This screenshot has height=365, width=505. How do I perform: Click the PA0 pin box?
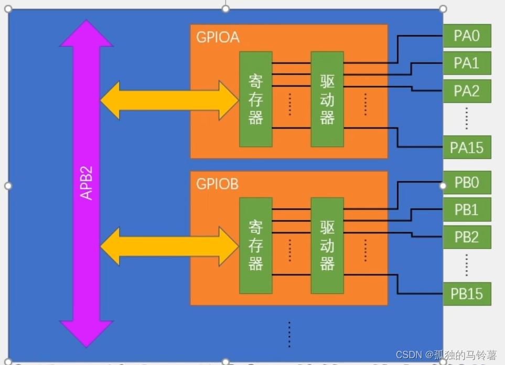tap(467, 36)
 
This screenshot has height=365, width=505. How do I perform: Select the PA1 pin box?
tap(467, 63)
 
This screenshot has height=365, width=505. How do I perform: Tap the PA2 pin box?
tap(467, 91)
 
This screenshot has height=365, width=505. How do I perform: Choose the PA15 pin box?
tap(467, 147)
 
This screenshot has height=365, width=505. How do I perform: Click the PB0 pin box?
tap(467, 183)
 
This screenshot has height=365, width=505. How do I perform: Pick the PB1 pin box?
tap(467, 210)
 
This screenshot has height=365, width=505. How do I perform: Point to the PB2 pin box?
tap(467, 237)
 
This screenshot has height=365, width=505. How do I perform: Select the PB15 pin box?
tap(467, 294)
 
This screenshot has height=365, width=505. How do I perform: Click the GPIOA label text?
tap(218, 38)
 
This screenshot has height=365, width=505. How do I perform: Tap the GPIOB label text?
tap(218, 184)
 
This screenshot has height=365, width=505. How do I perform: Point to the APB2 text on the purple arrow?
tap(86, 184)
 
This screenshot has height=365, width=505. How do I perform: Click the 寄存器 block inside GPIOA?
tap(255, 99)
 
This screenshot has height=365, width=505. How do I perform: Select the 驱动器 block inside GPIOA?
tap(327, 99)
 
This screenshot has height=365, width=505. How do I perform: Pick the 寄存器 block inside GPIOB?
tap(255, 245)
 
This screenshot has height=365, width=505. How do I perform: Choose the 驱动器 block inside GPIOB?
tap(327, 245)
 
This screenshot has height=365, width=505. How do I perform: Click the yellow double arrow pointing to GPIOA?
tap(169, 100)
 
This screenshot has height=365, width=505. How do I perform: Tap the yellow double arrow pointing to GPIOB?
tap(169, 245)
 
